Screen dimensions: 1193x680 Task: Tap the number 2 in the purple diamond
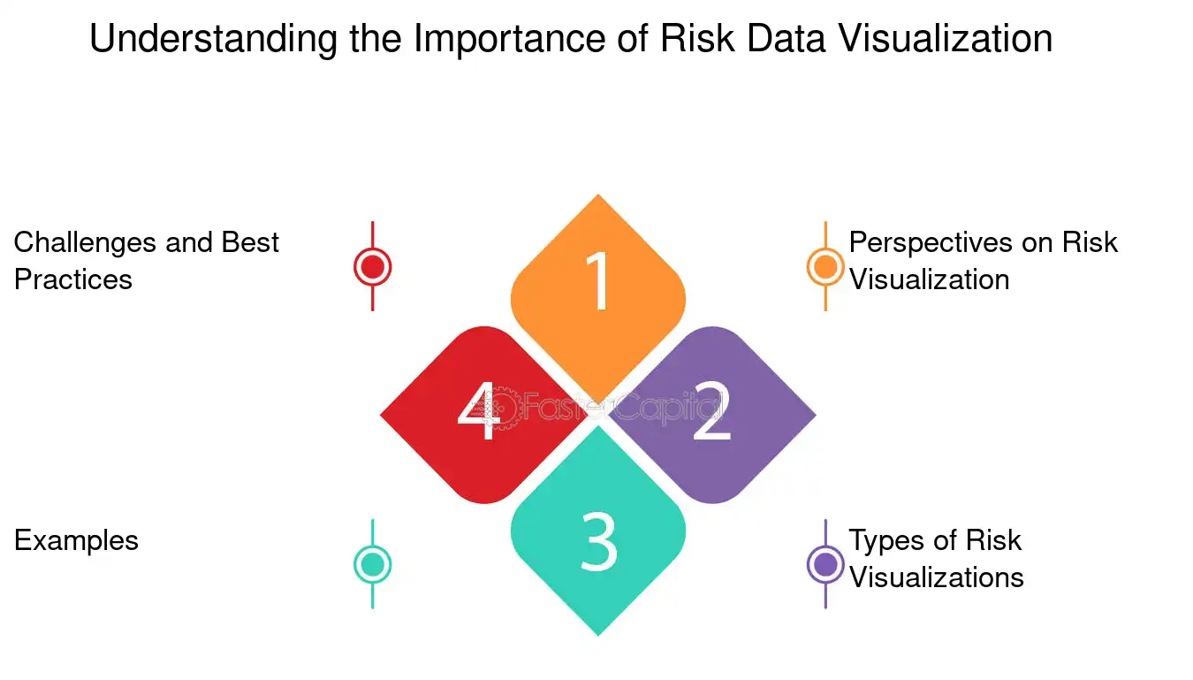pos(711,411)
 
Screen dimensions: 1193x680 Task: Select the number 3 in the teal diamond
pos(598,542)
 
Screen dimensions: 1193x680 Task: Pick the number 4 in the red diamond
pos(479,411)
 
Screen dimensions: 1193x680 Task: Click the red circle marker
pos(372,266)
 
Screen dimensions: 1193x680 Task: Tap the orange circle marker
pos(825,266)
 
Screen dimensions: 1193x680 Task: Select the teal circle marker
pos(372,564)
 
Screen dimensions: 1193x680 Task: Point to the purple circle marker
pos(825,564)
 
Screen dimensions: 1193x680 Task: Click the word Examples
pos(76,541)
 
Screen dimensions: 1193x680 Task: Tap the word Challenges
pos(85,243)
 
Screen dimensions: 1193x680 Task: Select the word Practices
pos(73,279)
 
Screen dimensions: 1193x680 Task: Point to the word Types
pos(887,541)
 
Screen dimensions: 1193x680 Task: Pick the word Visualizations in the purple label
pos(937,577)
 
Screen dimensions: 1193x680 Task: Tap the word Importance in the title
pos(509,40)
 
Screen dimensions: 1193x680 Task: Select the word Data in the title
pos(786,38)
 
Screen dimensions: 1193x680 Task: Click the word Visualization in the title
pos(946,38)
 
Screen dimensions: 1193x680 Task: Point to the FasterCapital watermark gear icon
pos(498,408)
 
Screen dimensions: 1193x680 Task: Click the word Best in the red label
pos(250,242)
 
